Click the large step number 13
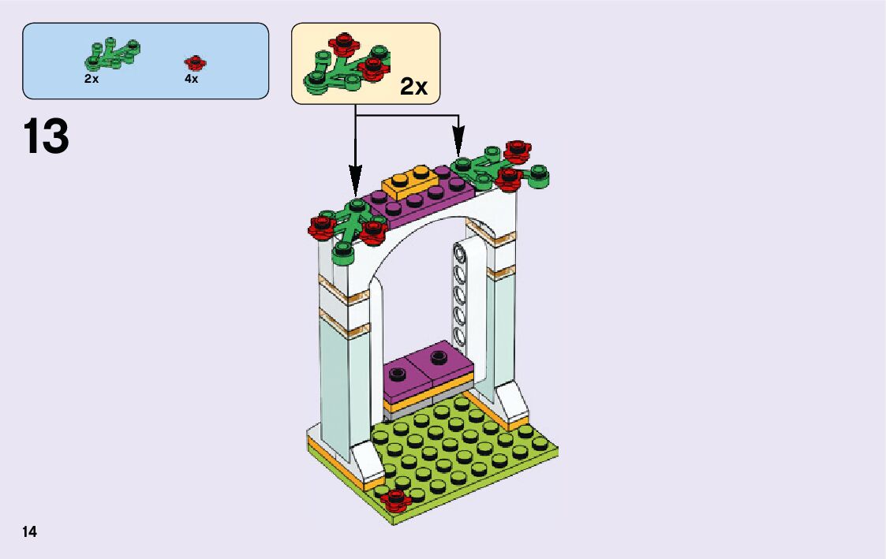point(47,137)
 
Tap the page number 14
point(30,532)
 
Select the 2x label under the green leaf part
point(92,79)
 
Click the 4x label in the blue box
point(191,79)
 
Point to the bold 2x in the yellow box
point(413,87)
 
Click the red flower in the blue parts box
point(194,62)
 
